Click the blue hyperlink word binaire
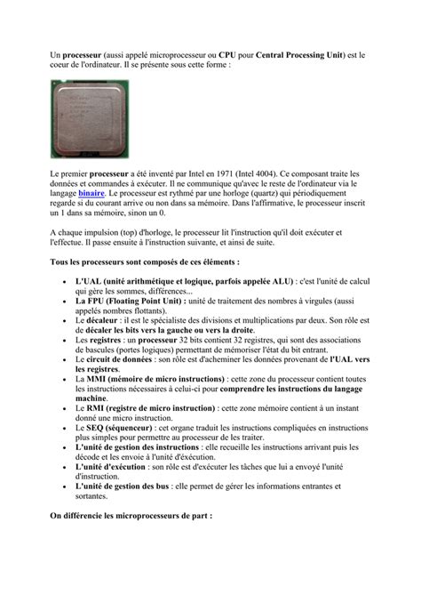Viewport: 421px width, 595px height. (x=91, y=192)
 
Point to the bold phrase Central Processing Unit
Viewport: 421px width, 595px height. (x=309, y=55)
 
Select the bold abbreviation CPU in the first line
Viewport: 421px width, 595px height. (x=227, y=55)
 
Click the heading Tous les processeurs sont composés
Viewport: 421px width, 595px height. (x=144, y=263)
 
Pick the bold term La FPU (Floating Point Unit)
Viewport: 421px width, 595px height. (x=130, y=302)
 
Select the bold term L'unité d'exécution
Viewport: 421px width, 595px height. (x=111, y=467)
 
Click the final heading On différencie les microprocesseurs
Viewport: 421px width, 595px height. (x=131, y=516)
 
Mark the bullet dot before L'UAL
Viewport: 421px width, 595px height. (x=68, y=283)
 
